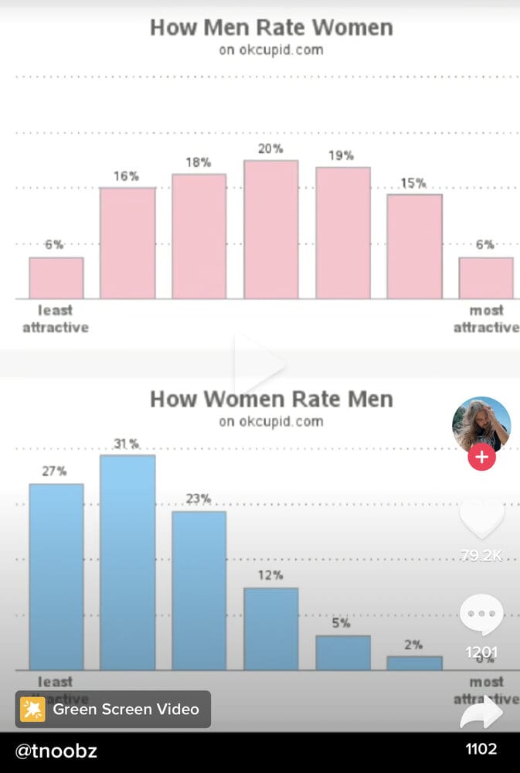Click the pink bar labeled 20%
(270, 230)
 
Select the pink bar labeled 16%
(127, 243)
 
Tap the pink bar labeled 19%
(342, 233)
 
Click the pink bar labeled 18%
(199, 236)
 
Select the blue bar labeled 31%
(127, 562)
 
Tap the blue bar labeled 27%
(56, 577)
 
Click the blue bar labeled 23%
(199, 590)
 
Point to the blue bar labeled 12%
(270, 628)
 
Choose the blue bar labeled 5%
(342, 652)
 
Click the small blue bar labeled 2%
(414, 663)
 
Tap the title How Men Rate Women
(270, 28)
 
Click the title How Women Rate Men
(270, 400)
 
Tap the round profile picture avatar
(481, 424)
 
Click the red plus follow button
(481, 457)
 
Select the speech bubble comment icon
(481, 616)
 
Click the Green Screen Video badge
(113, 709)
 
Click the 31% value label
(127, 444)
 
